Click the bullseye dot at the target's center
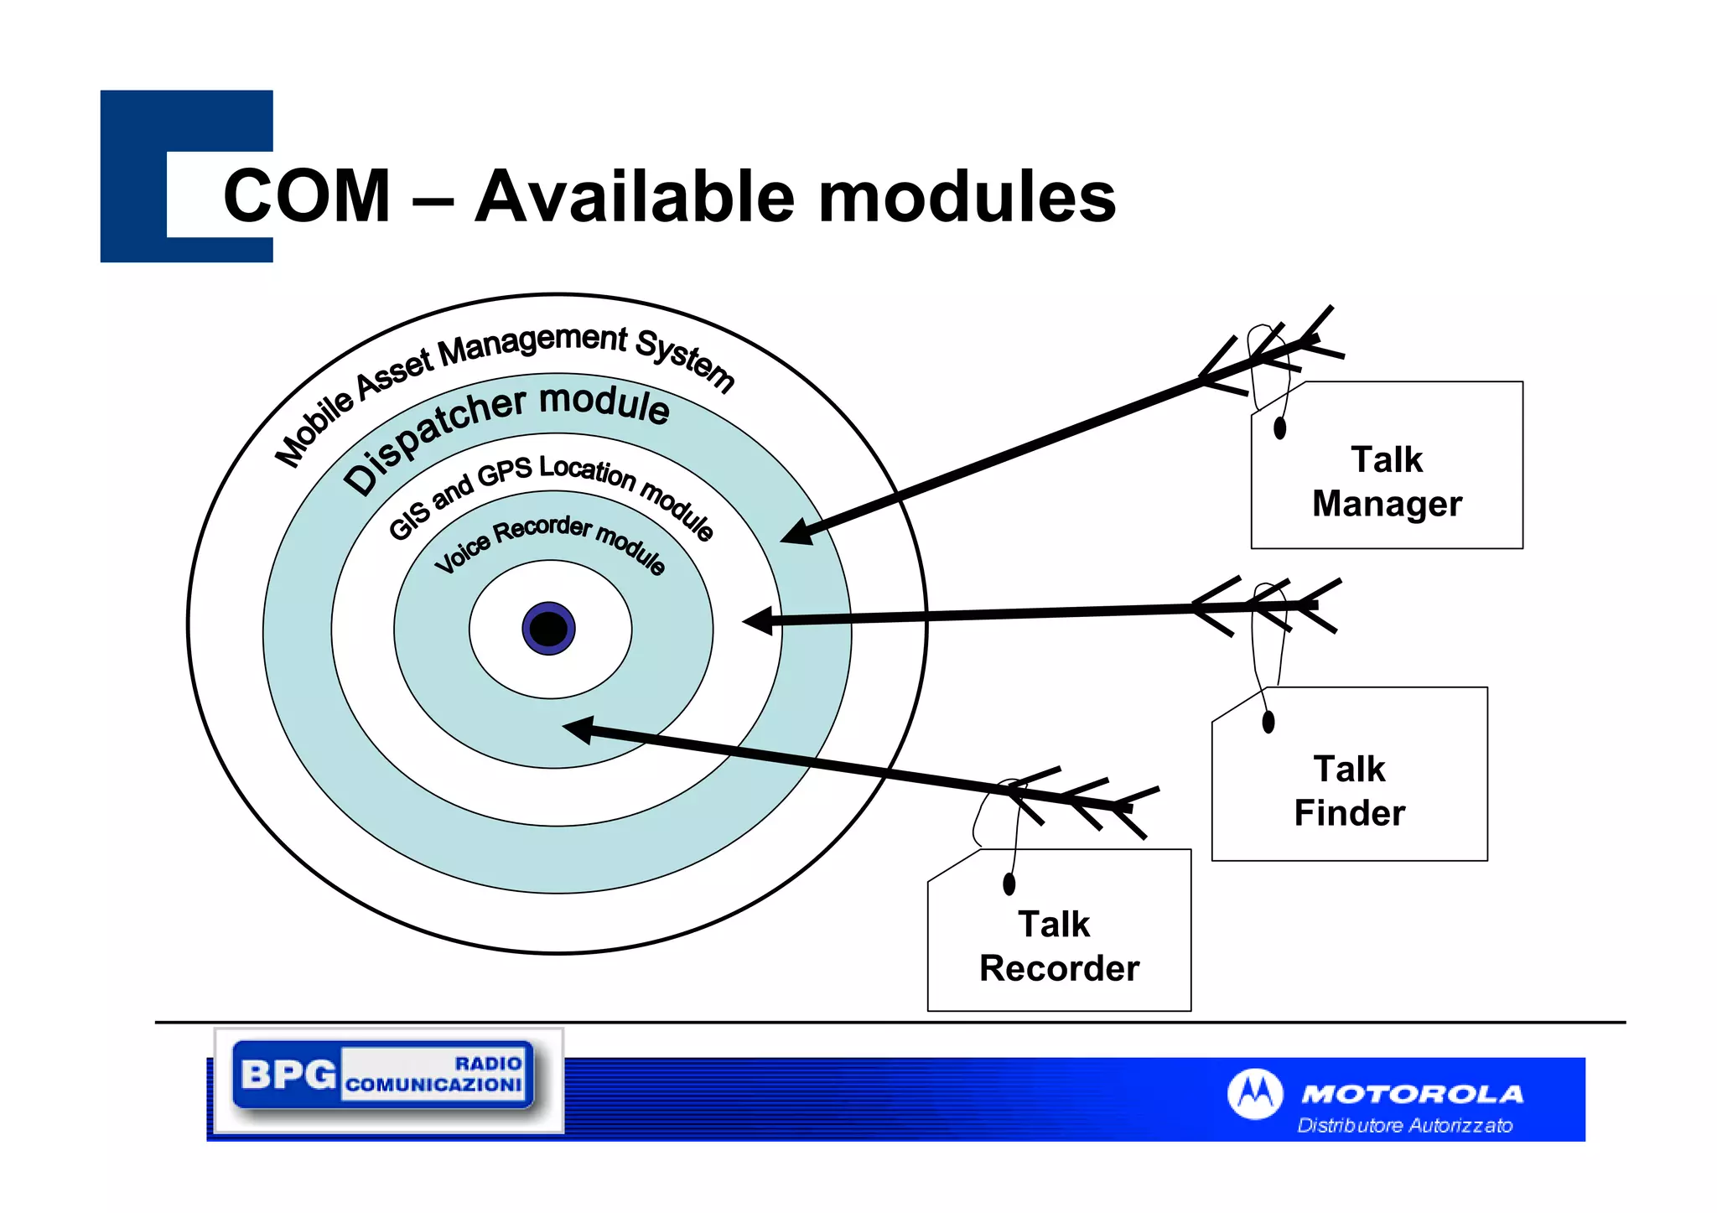(548, 628)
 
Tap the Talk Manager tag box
(1387, 481)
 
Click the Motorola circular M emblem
(1254, 1093)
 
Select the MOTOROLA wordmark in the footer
(1412, 1094)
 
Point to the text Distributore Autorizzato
(1405, 1125)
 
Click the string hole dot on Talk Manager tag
(1279, 428)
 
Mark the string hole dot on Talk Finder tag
(1268, 722)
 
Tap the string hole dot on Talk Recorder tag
(1009, 884)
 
